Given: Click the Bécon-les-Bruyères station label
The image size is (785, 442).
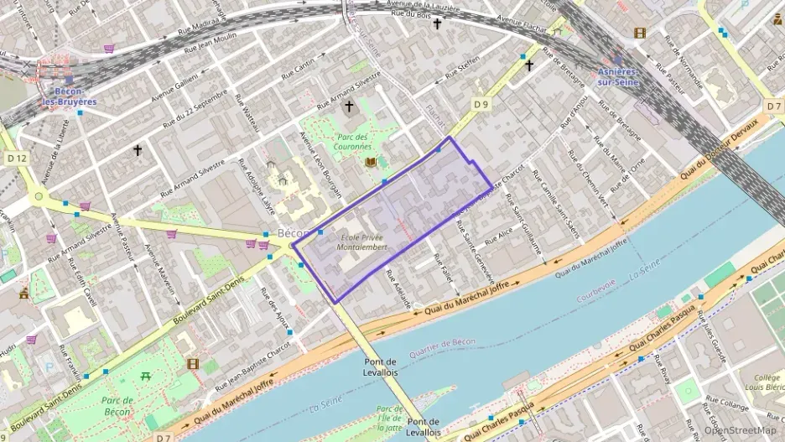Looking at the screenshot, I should tap(70, 96).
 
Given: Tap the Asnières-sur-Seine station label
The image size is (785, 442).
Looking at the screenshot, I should tap(618, 76).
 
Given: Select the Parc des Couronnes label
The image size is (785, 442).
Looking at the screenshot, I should tap(353, 142).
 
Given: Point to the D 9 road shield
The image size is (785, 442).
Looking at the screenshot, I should tap(480, 104).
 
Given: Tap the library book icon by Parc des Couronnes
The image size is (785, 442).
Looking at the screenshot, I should tap(371, 161).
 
